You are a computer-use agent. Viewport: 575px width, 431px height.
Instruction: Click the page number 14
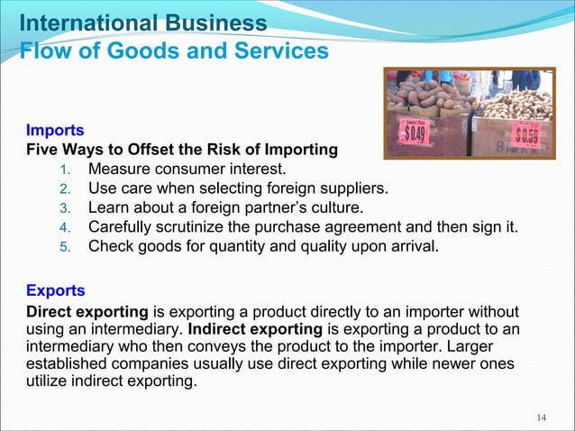click(x=541, y=417)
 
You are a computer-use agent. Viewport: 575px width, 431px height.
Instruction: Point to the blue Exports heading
click(x=56, y=291)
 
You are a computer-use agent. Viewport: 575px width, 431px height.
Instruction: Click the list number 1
click(x=64, y=170)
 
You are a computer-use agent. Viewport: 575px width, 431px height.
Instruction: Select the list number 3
click(x=64, y=209)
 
